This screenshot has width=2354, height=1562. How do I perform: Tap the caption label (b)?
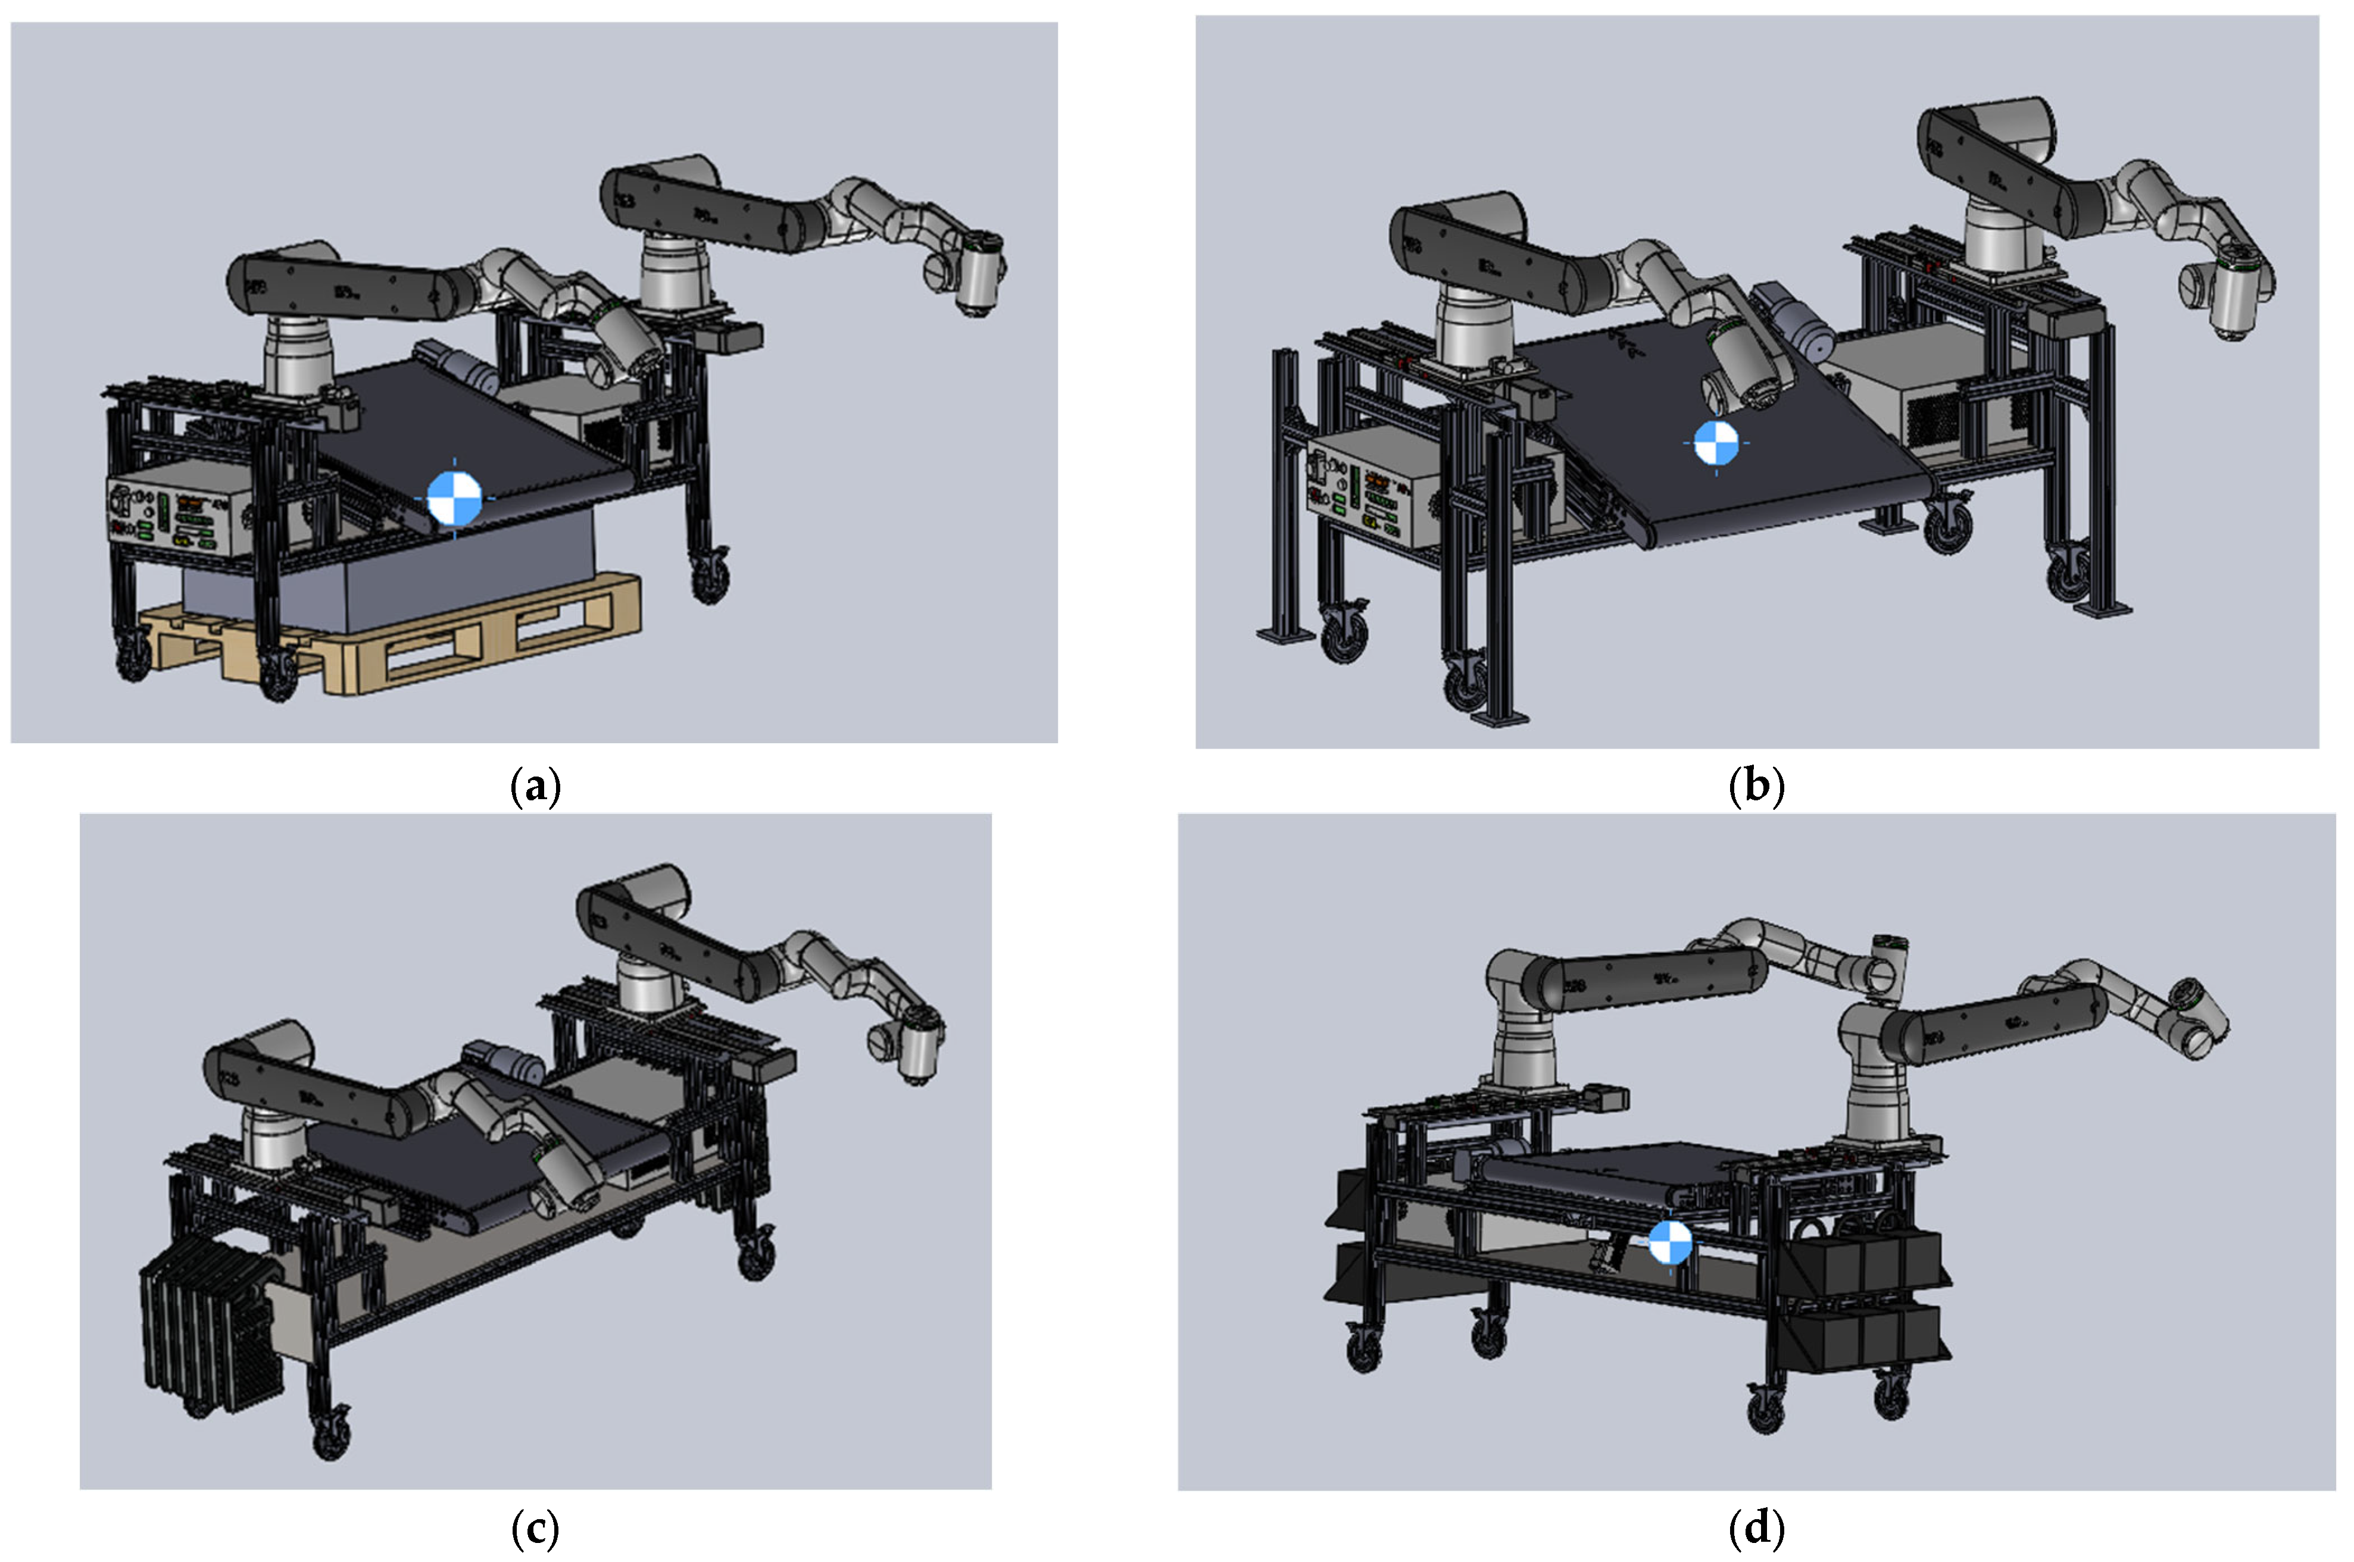[1756, 786]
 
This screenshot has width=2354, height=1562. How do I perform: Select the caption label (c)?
[535, 1526]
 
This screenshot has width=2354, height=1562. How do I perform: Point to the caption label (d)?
[1756, 1526]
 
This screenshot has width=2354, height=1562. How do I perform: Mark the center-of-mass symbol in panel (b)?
[1716, 443]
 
